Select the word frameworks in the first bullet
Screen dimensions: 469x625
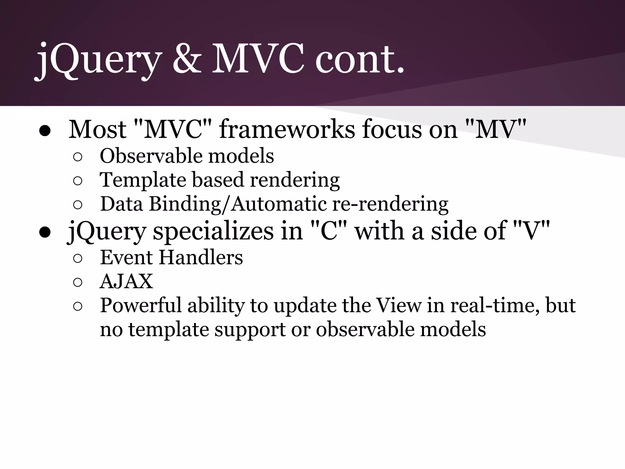[287, 129]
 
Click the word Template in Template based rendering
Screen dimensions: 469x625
[143, 180]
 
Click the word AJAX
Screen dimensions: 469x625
[126, 281]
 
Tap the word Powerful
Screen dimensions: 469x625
[141, 305]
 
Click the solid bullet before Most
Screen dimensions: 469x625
[45, 131]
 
